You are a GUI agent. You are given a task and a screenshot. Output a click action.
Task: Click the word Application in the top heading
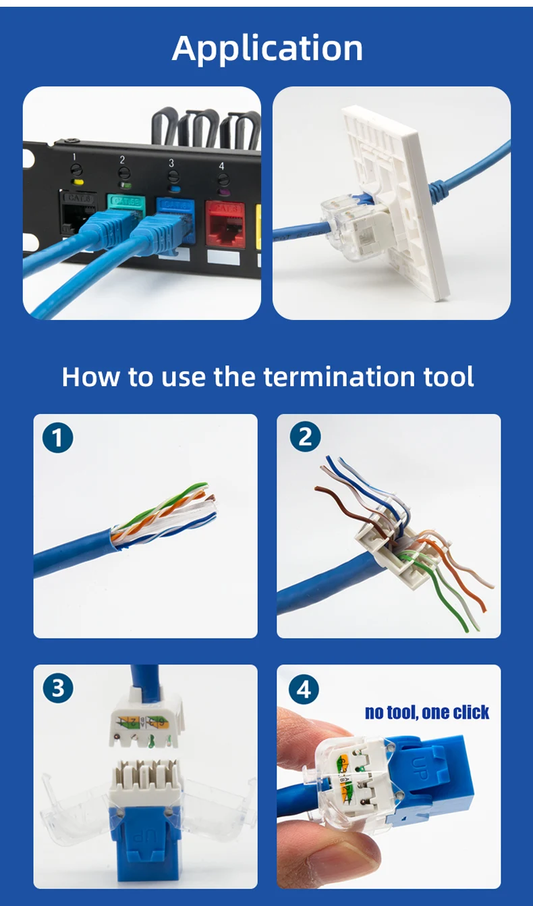267,48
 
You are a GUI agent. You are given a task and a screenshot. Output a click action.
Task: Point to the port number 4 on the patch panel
221,165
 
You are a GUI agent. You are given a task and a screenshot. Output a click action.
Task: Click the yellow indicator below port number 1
78,182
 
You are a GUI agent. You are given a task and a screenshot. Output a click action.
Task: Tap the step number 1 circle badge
57,438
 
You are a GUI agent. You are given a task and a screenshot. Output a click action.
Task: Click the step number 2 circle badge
305,437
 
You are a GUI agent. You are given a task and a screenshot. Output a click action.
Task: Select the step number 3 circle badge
57,688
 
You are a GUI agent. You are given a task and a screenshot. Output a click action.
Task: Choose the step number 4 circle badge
304,690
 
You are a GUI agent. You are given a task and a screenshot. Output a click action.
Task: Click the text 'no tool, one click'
427,712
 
